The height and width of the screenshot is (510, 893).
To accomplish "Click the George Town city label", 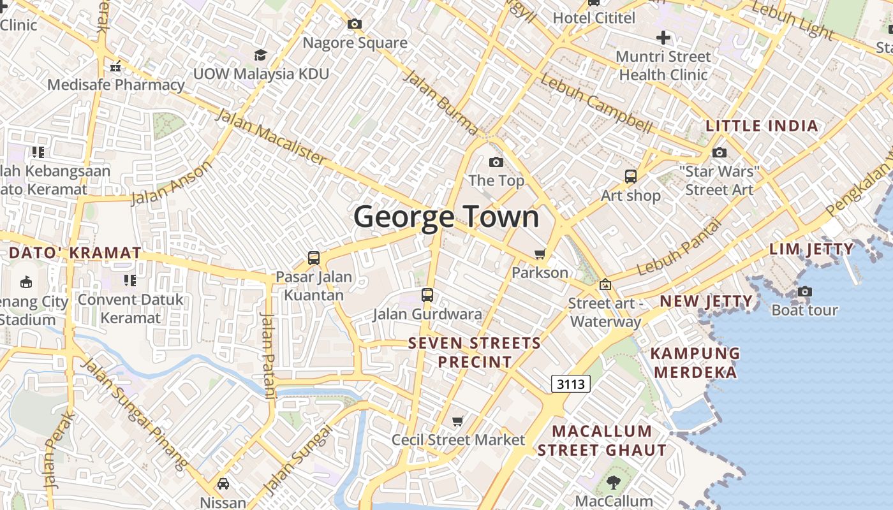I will click(447, 217).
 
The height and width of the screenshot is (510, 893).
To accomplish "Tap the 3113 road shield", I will click(570, 384).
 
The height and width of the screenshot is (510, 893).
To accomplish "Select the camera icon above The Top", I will click(496, 163).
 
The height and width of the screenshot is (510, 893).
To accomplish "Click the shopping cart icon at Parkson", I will click(540, 254).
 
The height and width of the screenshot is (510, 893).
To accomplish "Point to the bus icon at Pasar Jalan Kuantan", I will click(313, 258).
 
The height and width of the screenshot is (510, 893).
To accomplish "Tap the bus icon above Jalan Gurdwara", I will click(427, 295).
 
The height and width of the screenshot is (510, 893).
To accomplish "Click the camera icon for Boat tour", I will click(804, 292).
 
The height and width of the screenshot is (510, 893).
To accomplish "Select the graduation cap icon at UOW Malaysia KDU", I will click(260, 55).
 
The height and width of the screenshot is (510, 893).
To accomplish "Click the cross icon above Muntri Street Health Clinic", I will click(663, 38).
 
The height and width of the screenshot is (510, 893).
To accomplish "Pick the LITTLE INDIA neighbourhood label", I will click(762, 126).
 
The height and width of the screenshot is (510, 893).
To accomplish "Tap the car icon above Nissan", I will click(223, 484).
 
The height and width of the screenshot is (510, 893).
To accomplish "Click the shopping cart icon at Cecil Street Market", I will click(457, 421).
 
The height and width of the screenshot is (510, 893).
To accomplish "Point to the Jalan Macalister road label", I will click(270, 136).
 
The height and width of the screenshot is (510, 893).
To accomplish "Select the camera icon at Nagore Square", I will click(355, 24).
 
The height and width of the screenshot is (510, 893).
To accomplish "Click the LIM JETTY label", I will click(811, 249).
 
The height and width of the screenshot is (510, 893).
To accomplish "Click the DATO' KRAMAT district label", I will click(75, 253).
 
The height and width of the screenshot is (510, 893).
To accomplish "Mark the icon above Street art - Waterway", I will click(605, 284).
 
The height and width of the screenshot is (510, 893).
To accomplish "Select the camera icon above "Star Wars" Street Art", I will click(719, 153).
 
